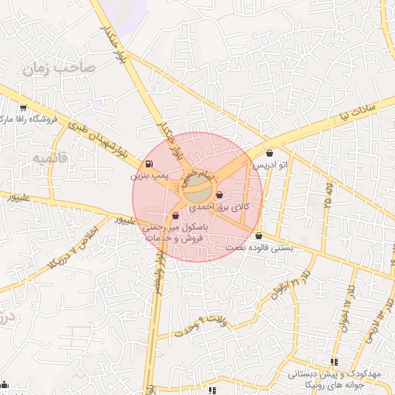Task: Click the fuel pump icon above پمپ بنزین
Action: (x=148, y=164)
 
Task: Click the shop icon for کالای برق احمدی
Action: (x=221, y=195)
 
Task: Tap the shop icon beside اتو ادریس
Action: (x=268, y=153)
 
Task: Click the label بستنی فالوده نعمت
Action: (x=259, y=248)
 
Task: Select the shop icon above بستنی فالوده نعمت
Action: (x=258, y=236)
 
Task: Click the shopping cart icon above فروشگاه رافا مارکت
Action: (x=23, y=108)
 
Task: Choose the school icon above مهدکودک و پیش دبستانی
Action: (x=334, y=361)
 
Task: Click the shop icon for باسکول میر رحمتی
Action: (x=177, y=216)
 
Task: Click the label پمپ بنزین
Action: (x=148, y=176)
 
